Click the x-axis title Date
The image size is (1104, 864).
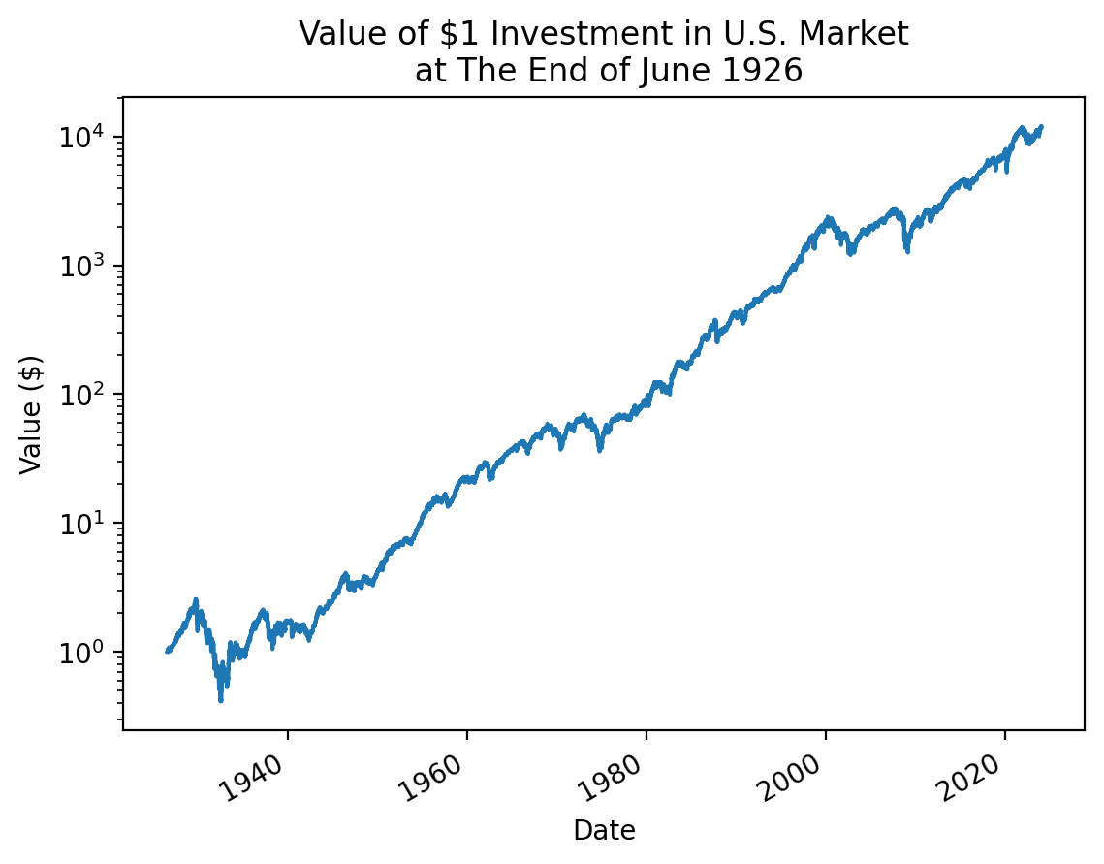(604, 831)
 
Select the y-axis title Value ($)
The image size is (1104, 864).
(31, 414)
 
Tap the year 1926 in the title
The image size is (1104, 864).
(766, 72)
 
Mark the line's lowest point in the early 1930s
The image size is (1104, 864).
(221, 700)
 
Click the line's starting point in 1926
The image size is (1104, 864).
(167, 652)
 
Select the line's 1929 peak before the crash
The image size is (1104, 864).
(196, 600)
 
